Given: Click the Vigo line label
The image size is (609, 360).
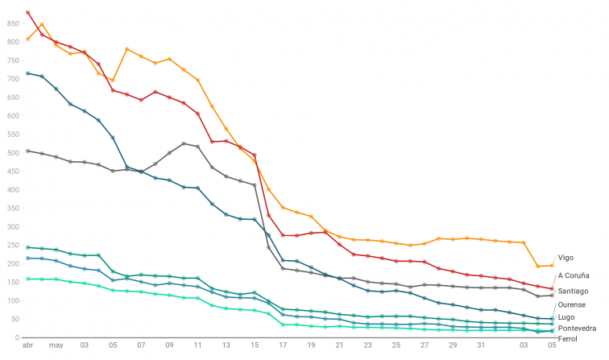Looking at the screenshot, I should point(565,258).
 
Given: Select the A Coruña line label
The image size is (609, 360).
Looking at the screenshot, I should point(573,275).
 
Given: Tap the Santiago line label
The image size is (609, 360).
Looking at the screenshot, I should point(573,290).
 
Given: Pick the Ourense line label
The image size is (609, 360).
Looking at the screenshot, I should point(572,304).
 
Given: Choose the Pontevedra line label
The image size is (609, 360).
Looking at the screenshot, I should point(577,329).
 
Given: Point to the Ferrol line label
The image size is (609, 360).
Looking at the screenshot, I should point(568,340).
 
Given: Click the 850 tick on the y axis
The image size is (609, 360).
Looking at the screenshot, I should point(12,23).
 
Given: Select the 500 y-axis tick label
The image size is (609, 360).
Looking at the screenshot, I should point(12,152).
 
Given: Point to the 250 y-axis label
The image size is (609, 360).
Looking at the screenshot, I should point(12,245).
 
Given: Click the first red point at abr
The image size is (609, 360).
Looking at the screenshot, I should point(28,13).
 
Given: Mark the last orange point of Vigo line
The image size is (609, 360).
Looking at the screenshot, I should point(552,265).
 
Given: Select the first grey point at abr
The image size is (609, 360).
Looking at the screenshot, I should point(28,151).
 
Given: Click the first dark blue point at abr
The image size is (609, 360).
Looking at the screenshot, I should point(28,73).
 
